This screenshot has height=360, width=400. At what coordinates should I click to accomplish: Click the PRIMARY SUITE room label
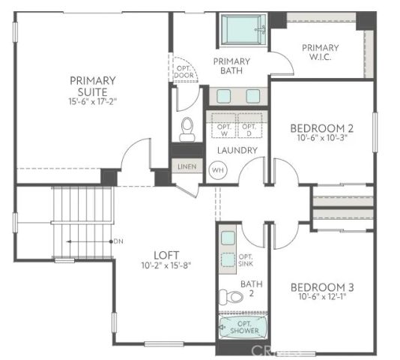[93, 85]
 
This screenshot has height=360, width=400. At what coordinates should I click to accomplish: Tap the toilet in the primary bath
[187, 129]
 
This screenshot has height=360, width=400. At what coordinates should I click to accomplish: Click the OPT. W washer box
[223, 127]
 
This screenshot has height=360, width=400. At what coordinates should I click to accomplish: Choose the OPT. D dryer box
[249, 127]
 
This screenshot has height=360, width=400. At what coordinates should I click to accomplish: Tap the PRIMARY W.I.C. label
[321, 52]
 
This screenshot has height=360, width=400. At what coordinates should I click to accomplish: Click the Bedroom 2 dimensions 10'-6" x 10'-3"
[322, 138]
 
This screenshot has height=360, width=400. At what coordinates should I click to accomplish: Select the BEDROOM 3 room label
[322, 288]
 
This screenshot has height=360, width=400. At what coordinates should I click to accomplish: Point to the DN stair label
[118, 241]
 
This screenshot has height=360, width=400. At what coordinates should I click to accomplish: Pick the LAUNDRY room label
[237, 150]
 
